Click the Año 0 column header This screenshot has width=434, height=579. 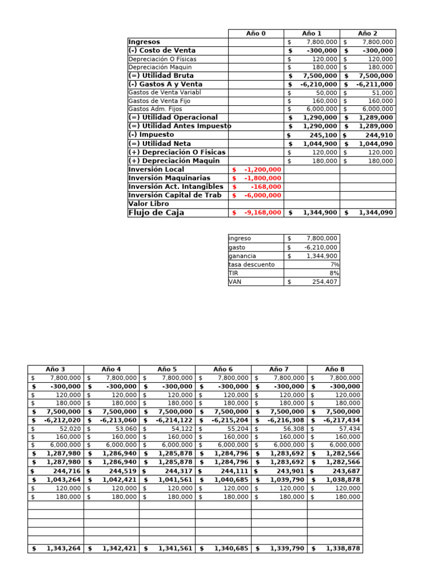click(256, 33)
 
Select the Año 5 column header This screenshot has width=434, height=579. click(167, 369)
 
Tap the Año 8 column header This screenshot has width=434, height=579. click(335, 369)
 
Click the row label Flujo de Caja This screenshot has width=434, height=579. click(157, 213)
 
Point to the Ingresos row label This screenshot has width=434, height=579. click(144, 42)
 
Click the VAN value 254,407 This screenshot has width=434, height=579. click(324, 281)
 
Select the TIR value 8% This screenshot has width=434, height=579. click(334, 273)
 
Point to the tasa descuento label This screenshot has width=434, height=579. click(251, 264)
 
